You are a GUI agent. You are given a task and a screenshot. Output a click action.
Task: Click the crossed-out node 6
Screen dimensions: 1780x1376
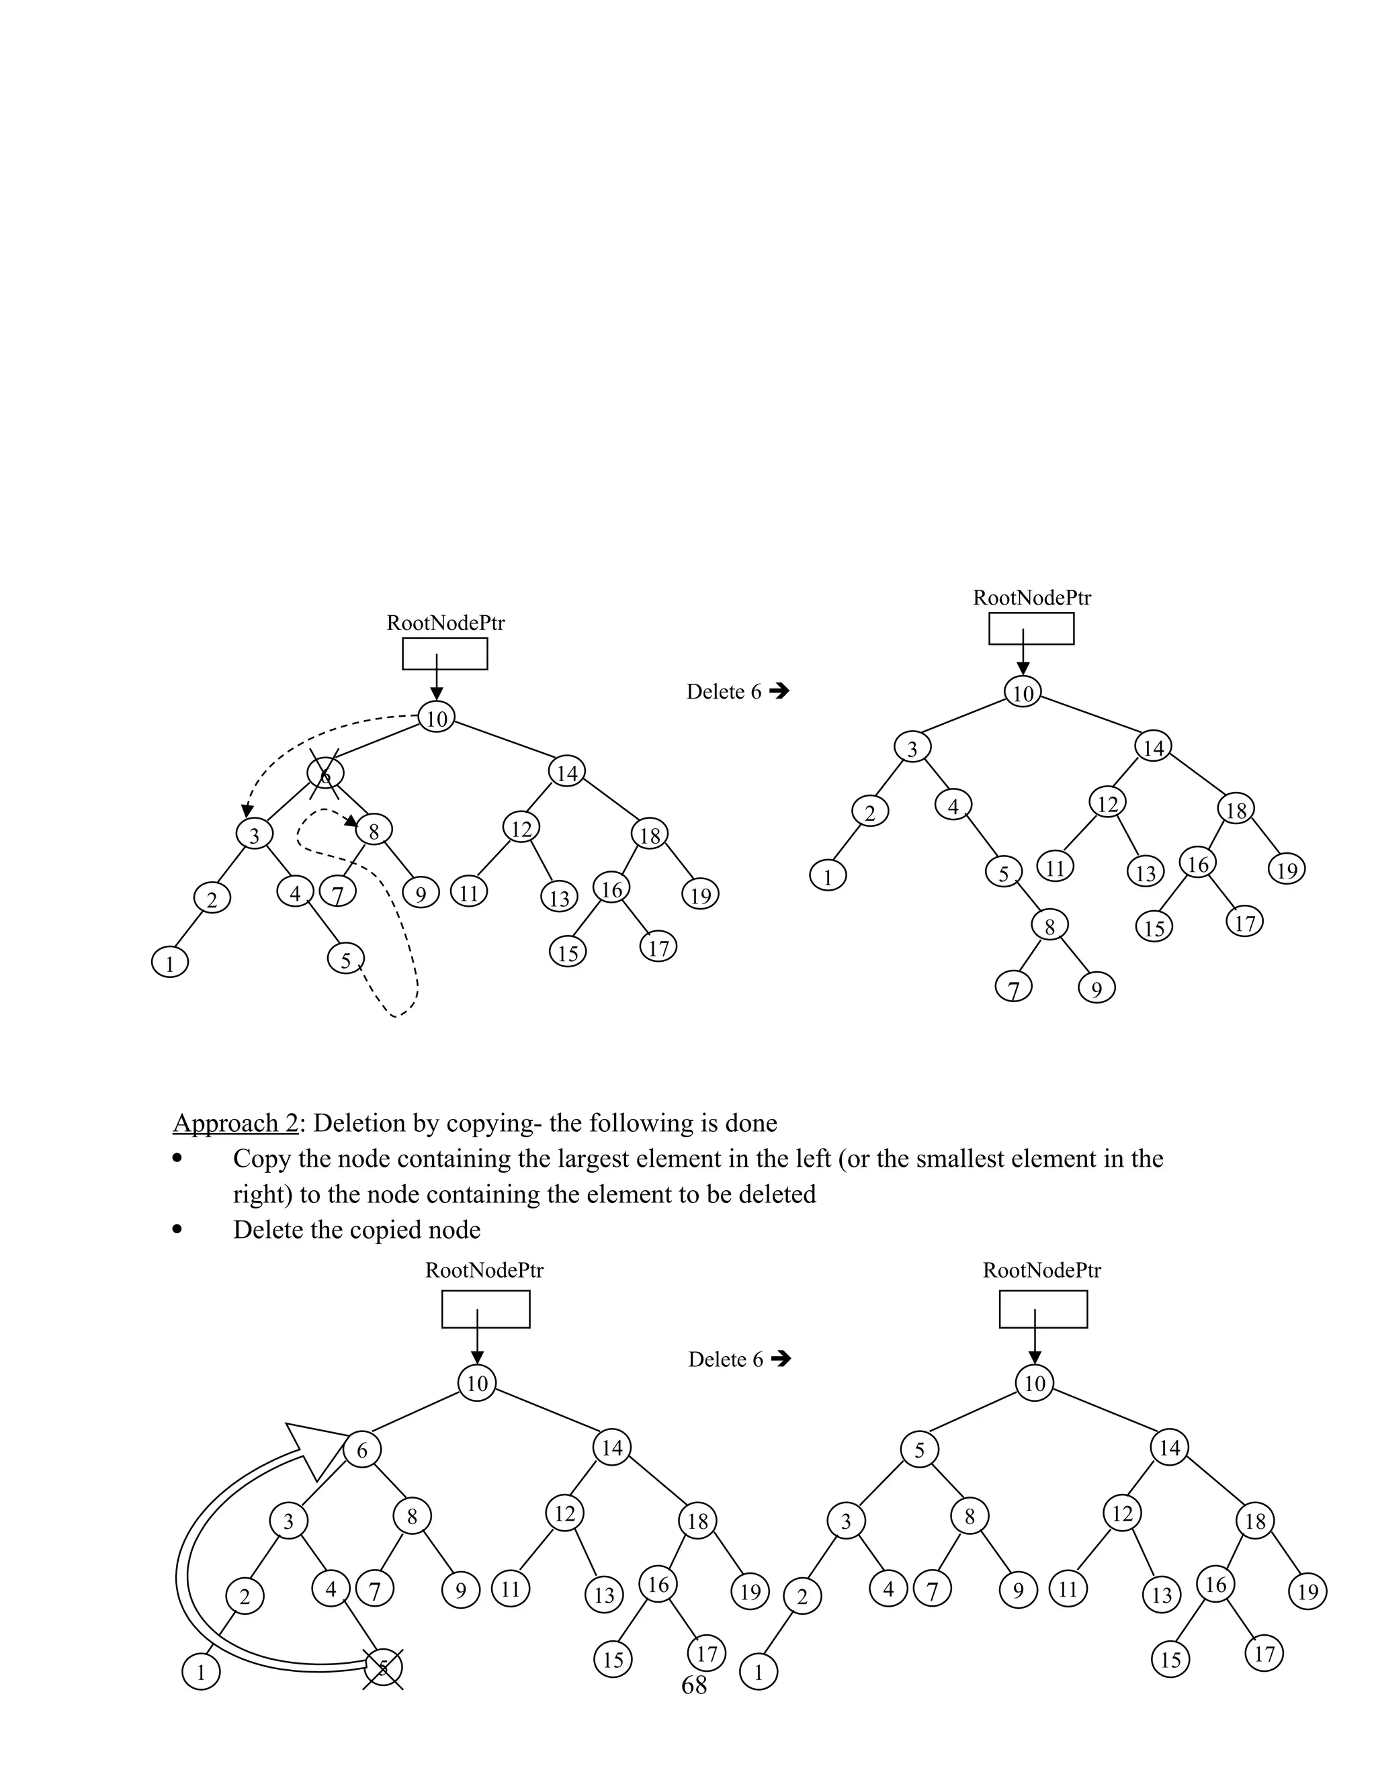tap(325, 773)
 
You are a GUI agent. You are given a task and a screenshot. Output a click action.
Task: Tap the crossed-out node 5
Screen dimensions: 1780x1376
tap(383, 1668)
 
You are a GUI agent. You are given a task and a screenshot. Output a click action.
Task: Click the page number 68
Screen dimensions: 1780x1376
tap(693, 1685)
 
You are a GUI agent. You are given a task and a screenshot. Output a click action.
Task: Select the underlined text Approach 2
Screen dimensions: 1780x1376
tap(236, 1123)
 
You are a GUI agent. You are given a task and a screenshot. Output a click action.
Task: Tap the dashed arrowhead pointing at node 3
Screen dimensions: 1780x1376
tap(246, 810)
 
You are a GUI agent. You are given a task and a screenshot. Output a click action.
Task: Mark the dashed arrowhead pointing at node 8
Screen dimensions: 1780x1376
tap(351, 821)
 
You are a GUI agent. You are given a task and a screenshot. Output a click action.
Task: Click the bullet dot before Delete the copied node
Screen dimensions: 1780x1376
tap(177, 1230)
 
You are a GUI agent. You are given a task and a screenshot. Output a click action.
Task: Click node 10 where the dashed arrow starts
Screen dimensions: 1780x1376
tap(437, 718)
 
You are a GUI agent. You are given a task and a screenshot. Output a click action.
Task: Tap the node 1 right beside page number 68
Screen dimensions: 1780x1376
tap(758, 1673)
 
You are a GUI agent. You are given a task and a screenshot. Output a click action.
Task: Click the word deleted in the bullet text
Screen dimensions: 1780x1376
tap(777, 1195)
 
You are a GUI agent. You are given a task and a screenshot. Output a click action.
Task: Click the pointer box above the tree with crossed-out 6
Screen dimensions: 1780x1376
tap(445, 654)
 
